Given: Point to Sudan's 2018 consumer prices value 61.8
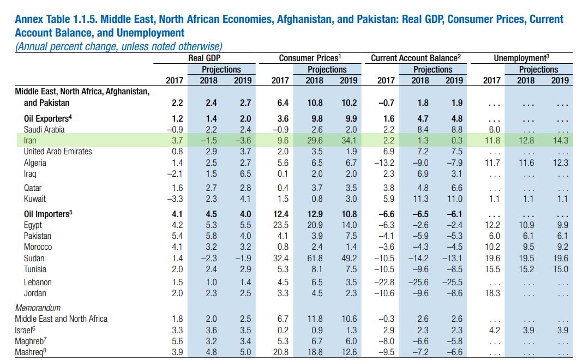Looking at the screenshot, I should [314, 258].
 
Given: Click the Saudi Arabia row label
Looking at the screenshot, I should [44, 130].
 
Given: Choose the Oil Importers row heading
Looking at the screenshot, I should [47, 214].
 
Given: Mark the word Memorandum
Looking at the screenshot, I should [38, 308].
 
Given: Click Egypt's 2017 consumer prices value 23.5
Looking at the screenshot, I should [280, 225].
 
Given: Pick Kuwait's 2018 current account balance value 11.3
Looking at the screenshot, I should [419, 199].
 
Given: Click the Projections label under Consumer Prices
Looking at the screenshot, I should [327, 70].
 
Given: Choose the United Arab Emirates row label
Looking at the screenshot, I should [58, 152].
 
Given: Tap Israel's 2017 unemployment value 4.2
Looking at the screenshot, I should [492, 330].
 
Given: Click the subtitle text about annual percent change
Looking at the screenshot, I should [118, 46].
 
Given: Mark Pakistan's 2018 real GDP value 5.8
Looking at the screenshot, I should [208, 236].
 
